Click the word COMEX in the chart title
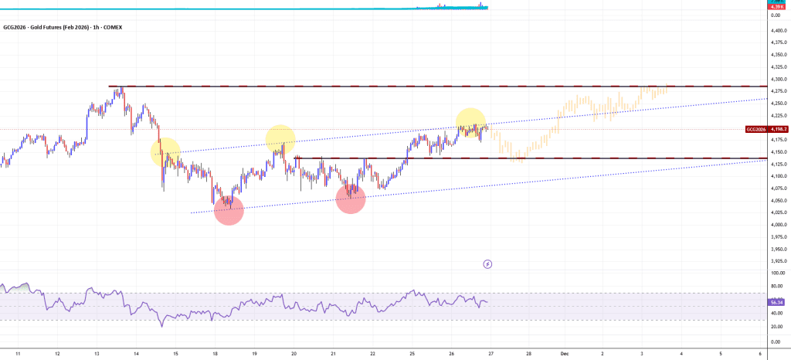tap(111, 27)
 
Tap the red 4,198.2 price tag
tap(777, 129)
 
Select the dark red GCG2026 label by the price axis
tap(755, 129)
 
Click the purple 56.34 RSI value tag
tap(777, 302)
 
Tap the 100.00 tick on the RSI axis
tap(777, 273)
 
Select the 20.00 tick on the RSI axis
tap(777, 328)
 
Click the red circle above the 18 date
tap(229, 210)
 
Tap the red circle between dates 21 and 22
tap(351, 199)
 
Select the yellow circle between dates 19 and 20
tap(280, 139)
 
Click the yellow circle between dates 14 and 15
tap(165, 152)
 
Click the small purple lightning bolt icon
tap(487, 264)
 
